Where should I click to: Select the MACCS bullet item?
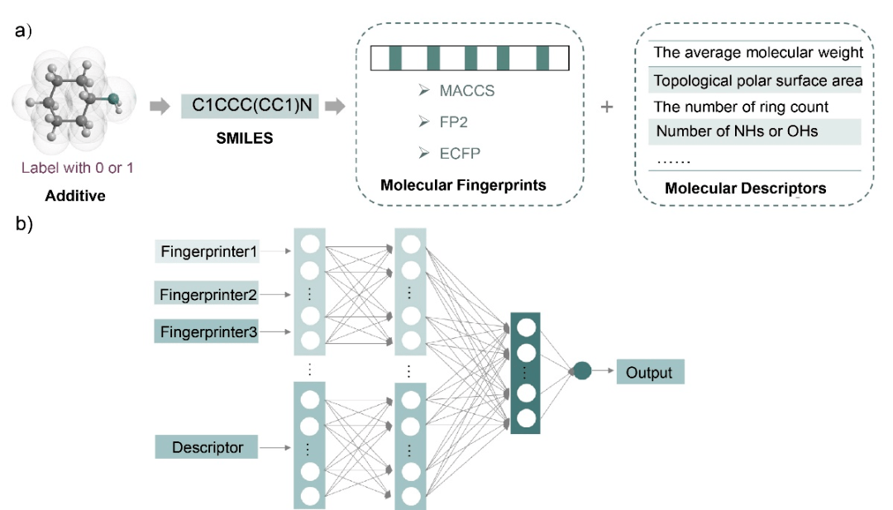[466, 91]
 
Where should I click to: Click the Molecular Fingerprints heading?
[463, 185]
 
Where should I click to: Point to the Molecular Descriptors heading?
[745, 188]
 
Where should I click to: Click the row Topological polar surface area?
[757, 81]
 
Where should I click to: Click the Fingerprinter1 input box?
[207, 250]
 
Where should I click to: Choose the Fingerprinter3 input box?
[207, 332]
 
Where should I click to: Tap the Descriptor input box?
[207, 447]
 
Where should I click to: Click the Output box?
[650, 372]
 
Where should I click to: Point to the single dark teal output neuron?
[582, 372]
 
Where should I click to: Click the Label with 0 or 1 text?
[78, 168]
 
